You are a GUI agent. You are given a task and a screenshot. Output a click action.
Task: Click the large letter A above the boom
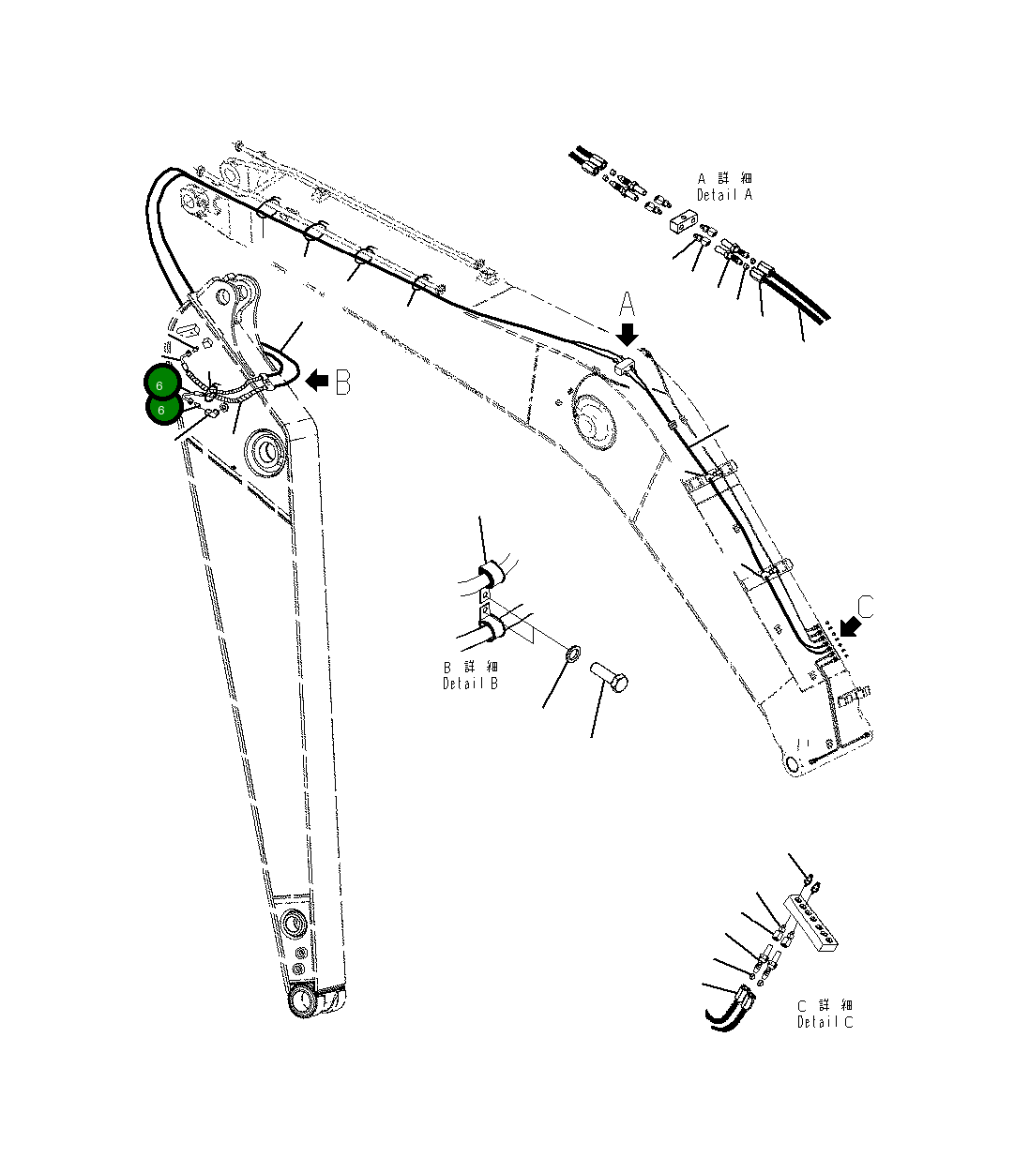[628, 305]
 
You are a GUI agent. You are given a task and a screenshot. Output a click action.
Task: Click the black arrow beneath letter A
[628, 335]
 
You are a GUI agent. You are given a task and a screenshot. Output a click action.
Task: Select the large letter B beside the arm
[343, 382]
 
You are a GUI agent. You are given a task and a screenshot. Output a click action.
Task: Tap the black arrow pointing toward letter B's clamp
[317, 380]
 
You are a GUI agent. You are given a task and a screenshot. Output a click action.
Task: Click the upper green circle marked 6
[160, 384]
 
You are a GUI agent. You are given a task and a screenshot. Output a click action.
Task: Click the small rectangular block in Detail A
[685, 223]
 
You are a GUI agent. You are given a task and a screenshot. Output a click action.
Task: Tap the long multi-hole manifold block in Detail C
[813, 924]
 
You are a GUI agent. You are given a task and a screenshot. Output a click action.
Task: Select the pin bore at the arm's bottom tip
[303, 1001]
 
